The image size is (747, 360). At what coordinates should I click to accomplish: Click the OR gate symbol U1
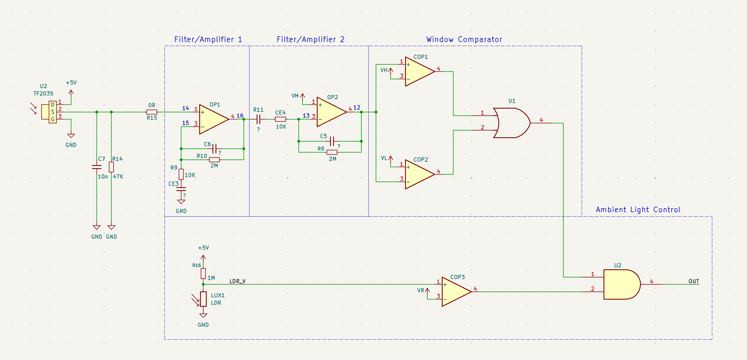(x=512, y=123)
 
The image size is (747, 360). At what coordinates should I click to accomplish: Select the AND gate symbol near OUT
(x=622, y=284)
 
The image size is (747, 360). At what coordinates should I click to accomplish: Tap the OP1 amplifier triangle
(x=214, y=119)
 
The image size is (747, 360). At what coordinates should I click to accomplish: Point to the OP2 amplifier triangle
(x=332, y=112)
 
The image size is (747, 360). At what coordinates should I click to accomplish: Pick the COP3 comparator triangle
(x=457, y=292)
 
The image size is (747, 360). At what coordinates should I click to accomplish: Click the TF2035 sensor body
(x=49, y=112)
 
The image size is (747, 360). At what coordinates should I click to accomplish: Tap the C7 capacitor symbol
(x=97, y=167)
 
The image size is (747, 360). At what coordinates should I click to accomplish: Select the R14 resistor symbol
(x=111, y=167)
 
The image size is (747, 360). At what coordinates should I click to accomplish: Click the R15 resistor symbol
(x=152, y=112)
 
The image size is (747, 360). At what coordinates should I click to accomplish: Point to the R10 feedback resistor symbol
(x=214, y=160)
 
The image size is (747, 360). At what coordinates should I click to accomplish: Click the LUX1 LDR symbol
(x=203, y=299)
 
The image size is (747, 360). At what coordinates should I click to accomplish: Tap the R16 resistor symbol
(x=203, y=273)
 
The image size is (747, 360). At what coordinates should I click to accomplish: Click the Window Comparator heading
(x=464, y=39)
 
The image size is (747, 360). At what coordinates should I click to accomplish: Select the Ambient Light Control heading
(x=638, y=209)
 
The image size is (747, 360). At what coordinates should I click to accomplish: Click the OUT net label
(x=694, y=281)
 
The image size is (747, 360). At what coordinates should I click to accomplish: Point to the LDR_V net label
(x=238, y=281)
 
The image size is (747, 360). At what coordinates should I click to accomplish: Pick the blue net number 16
(x=240, y=115)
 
